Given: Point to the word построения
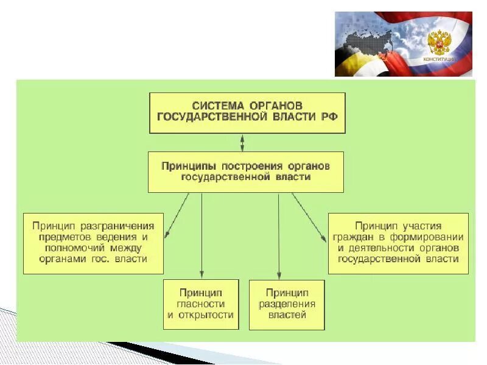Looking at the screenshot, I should coord(240,165).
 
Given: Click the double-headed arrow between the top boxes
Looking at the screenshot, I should coord(243,143).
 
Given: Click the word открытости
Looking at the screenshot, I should coord(206,315).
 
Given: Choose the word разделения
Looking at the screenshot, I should coord(287,304).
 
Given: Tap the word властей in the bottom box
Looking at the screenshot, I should coord(287,315).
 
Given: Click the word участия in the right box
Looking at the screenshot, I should coord(419,226).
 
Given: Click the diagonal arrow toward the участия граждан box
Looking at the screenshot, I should coord(309,217).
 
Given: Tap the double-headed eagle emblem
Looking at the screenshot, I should coord(438,43).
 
